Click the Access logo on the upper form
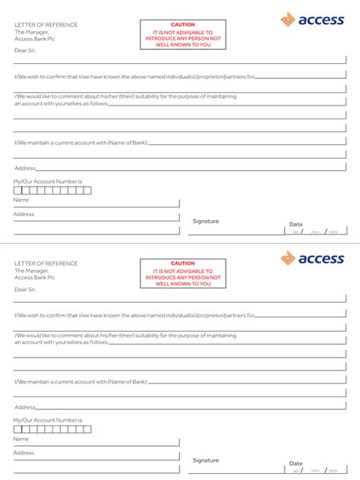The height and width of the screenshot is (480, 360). (x=312, y=21)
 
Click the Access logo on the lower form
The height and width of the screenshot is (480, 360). (x=312, y=259)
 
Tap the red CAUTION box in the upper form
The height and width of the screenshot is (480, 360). (x=183, y=35)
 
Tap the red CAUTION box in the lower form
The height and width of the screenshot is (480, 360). (x=183, y=273)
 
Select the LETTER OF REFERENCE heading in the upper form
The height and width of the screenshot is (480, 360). (x=46, y=24)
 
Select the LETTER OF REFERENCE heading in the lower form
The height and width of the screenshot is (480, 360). (x=46, y=264)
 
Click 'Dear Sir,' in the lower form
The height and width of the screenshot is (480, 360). (x=25, y=289)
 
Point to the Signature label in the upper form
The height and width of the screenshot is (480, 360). (x=205, y=221)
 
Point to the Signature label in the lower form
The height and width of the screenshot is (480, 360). (x=205, y=460)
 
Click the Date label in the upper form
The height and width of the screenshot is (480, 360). (x=295, y=224)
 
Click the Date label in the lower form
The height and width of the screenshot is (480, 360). (x=295, y=463)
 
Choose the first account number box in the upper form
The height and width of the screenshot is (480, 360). (x=18, y=190)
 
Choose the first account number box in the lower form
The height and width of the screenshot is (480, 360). (x=18, y=429)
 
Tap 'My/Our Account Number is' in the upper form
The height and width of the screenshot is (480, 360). (x=47, y=182)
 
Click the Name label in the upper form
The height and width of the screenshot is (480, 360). (x=21, y=200)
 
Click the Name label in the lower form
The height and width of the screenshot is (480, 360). (x=21, y=439)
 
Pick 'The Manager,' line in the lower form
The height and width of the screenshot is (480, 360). (x=31, y=270)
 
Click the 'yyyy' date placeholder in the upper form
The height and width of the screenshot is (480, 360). (x=333, y=232)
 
